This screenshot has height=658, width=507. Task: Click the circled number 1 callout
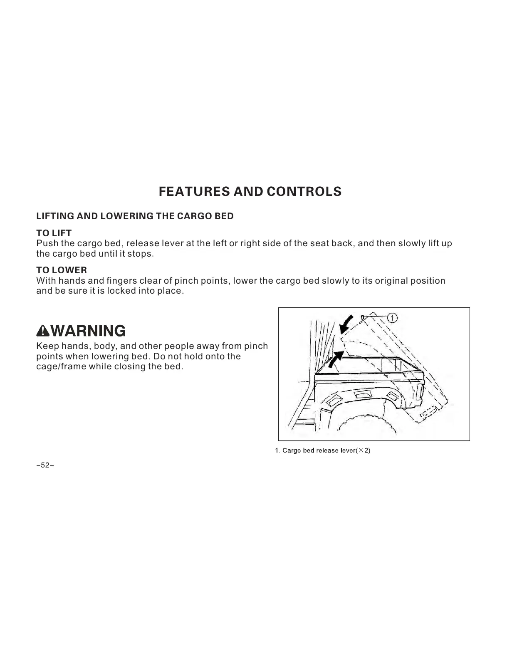pos(392,318)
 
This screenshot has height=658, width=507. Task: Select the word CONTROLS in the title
pos(304,192)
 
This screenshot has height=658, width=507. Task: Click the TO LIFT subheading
pos(54,233)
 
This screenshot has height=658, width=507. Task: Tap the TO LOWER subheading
pos(62,270)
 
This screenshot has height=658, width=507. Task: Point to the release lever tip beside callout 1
pos(363,317)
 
